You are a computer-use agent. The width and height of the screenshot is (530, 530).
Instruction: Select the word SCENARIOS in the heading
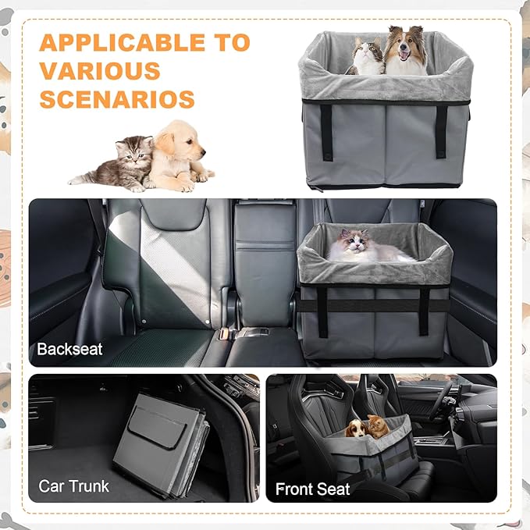click(x=116, y=99)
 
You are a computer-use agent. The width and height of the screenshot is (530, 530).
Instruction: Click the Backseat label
click(x=69, y=349)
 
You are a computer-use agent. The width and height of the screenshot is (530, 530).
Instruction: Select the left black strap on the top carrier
click(x=325, y=130)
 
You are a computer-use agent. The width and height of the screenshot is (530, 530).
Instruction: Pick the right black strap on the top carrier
click(x=441, y=130)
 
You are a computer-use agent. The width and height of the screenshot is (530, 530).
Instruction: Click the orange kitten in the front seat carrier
click(x=378, y=425)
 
